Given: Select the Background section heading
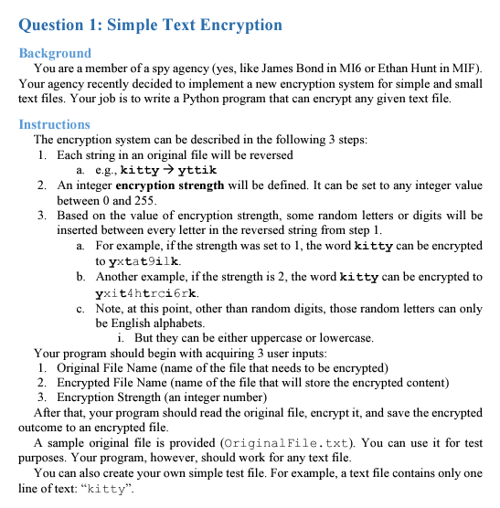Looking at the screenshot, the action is click(x=55, y=53).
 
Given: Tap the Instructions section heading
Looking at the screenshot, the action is click(x=54, y=124).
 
